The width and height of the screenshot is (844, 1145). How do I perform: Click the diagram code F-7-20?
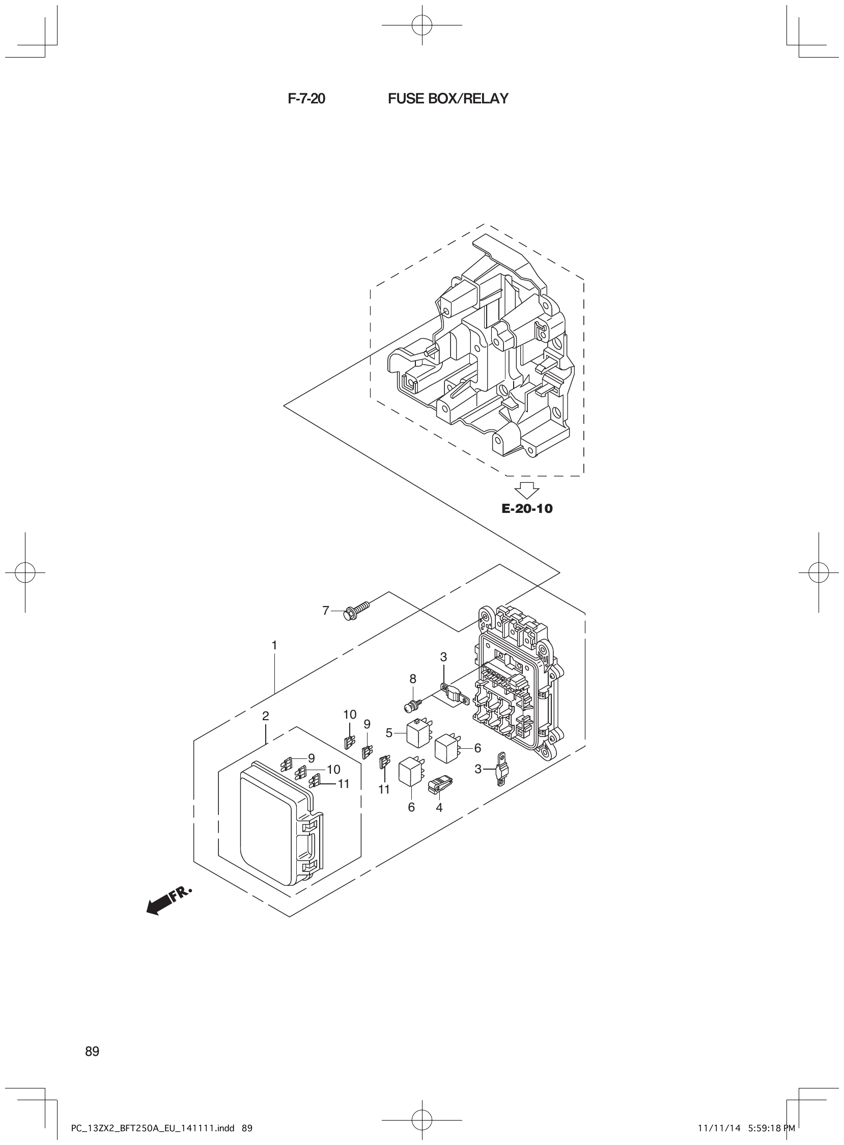(x=306, y=99)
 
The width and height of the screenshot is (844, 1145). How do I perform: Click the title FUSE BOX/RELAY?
(x=448, y=99)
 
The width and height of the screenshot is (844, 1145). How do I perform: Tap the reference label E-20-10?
(x=527, y=509)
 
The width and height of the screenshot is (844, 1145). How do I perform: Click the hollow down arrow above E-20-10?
(x=527, y=490)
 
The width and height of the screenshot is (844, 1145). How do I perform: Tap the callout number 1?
(x=274, y=646)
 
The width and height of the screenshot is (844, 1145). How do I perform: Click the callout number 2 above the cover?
(x=266, y=716)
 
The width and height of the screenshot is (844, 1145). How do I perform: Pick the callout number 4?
(x=439, y=807)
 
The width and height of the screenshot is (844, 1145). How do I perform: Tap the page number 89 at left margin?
(x=93, y=1051)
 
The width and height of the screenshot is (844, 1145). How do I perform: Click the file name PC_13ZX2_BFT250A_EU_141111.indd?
(x=151, y=1128)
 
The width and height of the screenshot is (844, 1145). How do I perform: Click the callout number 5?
(x=389, y=733)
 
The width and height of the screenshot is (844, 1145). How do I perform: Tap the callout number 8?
(x=413, y=679)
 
